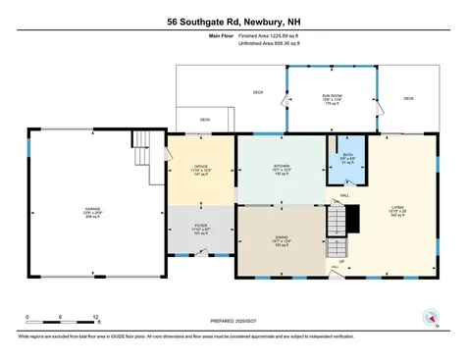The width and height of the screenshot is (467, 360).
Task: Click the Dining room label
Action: pos(282,239)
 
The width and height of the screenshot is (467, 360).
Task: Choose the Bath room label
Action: pos(347,158)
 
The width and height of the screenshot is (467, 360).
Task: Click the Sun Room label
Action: pos(331,96)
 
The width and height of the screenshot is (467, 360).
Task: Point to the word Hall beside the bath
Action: pos(344,196)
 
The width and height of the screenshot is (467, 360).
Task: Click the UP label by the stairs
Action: pos(341,262)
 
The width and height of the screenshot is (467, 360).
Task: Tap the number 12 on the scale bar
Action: pos(96,317)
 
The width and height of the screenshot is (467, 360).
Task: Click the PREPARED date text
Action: pos(232,321)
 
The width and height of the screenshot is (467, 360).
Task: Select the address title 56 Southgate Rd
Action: pos(233,20)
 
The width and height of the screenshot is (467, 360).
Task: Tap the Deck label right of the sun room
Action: pos(408,98)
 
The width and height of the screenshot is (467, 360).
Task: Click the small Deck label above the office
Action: pos(205,120)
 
